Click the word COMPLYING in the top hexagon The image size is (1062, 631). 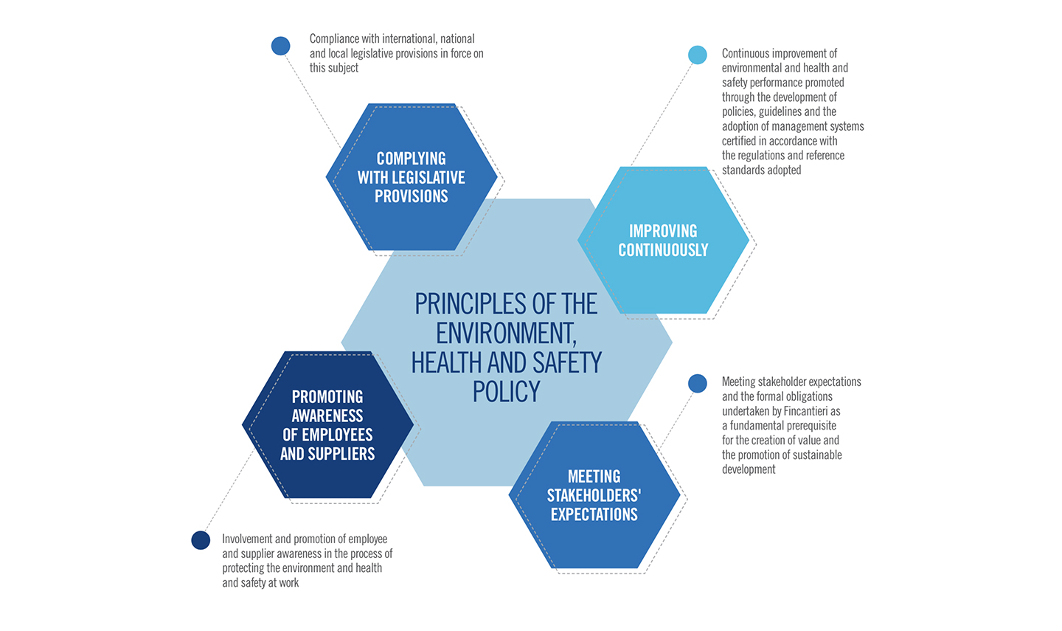click(411, 159)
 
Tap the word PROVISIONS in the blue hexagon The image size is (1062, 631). click(411, 196)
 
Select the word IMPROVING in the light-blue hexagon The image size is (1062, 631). click(663, 231)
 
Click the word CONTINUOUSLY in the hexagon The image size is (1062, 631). click(663, 250)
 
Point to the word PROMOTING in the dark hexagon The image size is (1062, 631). click(327, 396)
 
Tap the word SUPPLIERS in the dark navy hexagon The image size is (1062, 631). click(344, 454)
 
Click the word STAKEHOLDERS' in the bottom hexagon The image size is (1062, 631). click(594, 495)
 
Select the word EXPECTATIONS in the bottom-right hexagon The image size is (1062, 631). click(594, 514)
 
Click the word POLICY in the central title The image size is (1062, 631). click(507, 392)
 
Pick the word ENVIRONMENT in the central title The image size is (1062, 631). click(506, 334)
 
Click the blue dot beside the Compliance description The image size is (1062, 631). click(281, 46)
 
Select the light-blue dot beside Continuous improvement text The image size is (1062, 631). click(698, 55)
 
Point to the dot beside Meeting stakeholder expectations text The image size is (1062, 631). click(698, 383)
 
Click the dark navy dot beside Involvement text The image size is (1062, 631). click(201, 540)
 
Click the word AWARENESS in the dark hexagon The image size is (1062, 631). click(327, 416)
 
